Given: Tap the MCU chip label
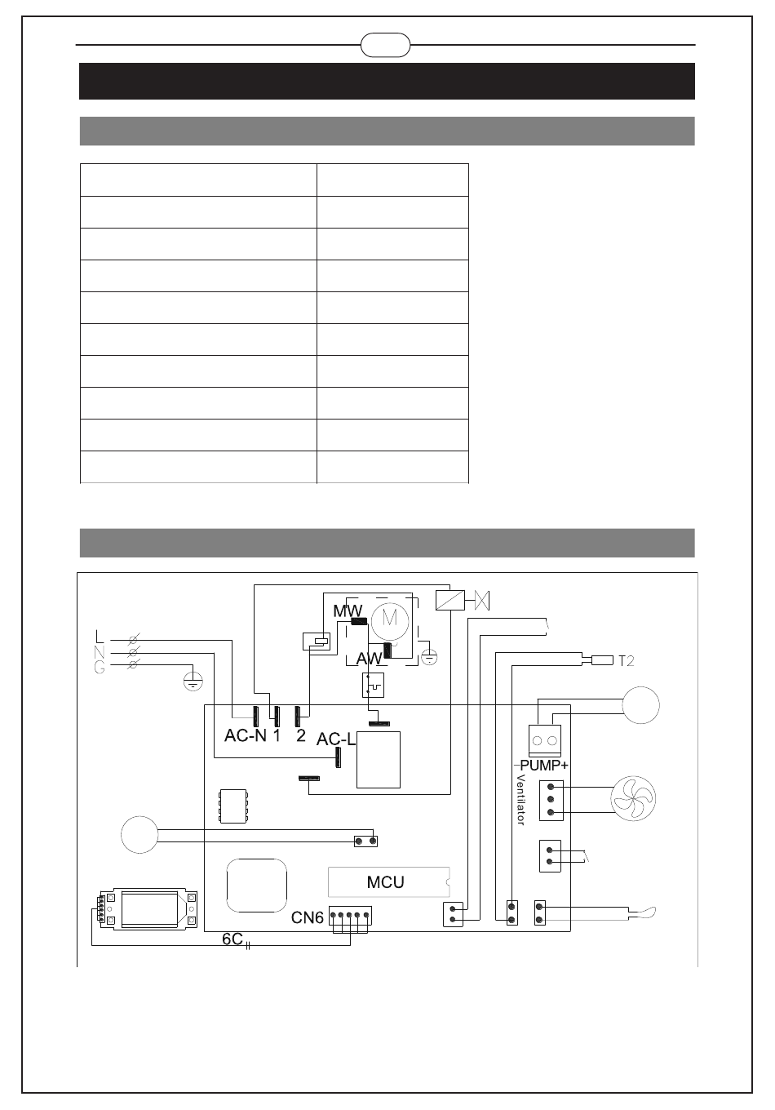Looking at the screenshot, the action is (x=386, y=882).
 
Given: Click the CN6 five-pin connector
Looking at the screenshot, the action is (x=350, y=916).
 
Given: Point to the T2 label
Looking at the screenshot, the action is (x=626, y=661).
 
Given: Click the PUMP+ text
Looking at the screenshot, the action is (x=544, y=766).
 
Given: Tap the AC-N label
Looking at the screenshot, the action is (x=246, y=736).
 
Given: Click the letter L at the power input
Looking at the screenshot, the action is (x=100, y=636).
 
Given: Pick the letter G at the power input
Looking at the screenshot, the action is (x=100, y=668).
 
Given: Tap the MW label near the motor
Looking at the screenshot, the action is (x=347, y=610).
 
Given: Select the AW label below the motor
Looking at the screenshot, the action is (x=369, y=658).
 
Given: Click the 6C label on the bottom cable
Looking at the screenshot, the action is (x=232, y=939).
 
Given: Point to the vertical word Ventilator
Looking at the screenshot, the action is (x=520, y=799).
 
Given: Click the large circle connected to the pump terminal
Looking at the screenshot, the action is (x=641, y=704).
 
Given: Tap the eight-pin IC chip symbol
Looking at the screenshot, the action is (x=232, y=806).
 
